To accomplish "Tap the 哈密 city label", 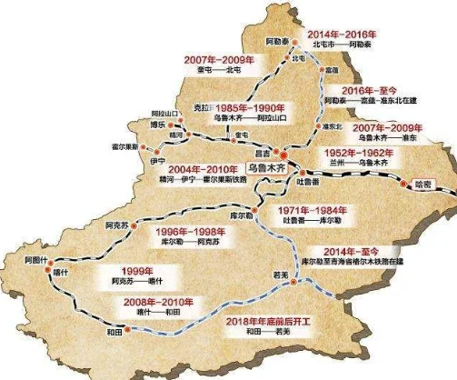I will [426, 184].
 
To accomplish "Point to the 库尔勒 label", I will [241, 214].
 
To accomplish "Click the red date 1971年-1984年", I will [300, 210].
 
